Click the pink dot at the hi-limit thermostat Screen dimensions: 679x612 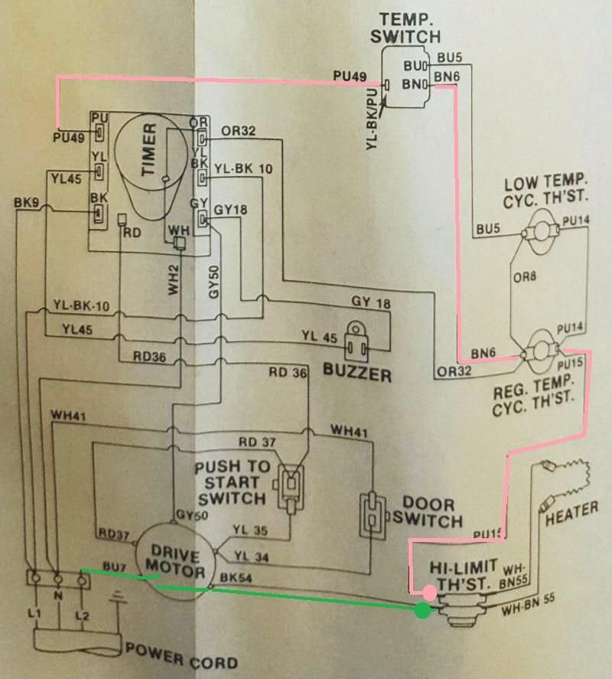[x=429, y=592]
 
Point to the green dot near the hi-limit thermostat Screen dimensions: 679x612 [x=422, y=610]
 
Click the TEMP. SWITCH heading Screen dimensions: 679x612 [x=405, y=28]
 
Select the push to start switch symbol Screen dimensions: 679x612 [x=290, y=485]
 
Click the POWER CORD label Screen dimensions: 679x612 [x=181, y=656]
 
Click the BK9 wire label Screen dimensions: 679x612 [x=27, y=204]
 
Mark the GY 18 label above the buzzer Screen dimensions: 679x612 [x=370, y=304]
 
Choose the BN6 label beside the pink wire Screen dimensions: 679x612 [x=484, y=352]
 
